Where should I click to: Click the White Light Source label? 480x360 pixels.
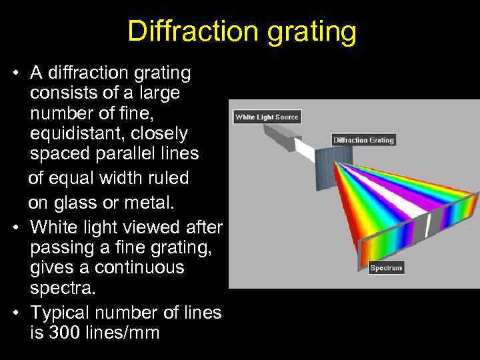(267, 117)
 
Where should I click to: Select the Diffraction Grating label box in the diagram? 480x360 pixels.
(364, 140)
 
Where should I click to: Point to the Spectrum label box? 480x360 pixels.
(386, 268)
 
